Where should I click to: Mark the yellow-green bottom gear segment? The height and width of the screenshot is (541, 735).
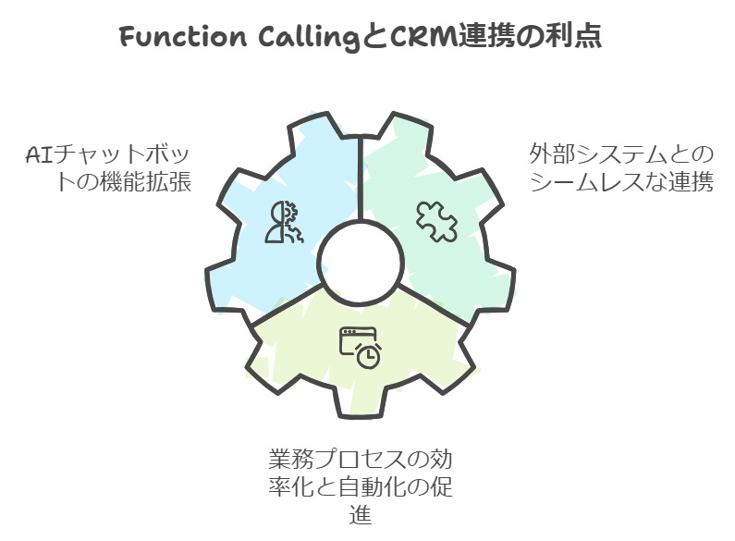[x=305, y=370]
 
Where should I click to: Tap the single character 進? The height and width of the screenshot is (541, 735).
[x=361, y=514]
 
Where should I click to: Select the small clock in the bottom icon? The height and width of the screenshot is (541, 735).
[x=368, y=356]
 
